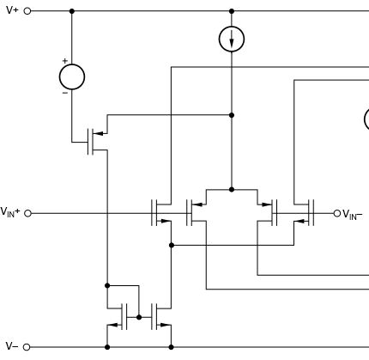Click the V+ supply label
click(x=12, y=10)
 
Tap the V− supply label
click(x=12, y=346)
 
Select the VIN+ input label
click(x=10, y=212)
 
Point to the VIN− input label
click(x=352, y=215)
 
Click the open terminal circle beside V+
click(x=27, y=11)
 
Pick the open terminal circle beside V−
click(x=27, y=347)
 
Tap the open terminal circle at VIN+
click(x=27, y=213)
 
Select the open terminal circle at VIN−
click(x=337, y=213)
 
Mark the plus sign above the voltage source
click(x=65, y=61)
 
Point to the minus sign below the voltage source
click(x=65, y=93)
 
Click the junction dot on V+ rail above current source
click(x=232, y=11)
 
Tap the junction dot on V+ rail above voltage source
click(x=72, y=11)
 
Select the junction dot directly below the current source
click(x=232, y=115)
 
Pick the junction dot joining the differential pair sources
click(x=232, y=189)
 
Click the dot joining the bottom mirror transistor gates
click(x=139, y=317)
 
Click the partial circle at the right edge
click(x=365, y=119)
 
